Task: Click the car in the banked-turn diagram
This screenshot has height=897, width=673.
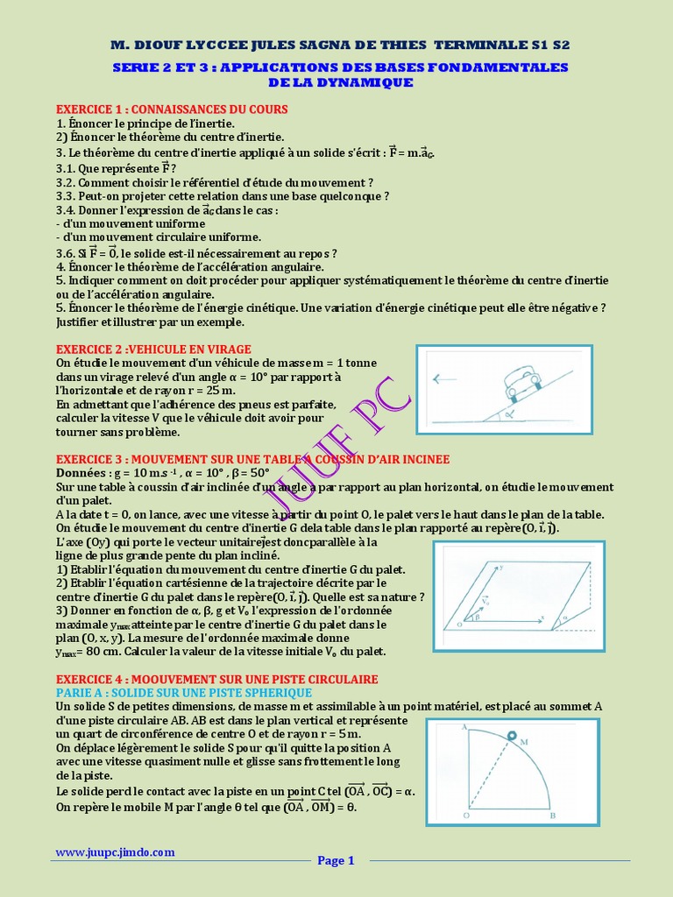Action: [x=522, y=381]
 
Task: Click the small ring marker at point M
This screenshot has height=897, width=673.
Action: [x=512, y=738]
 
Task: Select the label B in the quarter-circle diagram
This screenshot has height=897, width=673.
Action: [x=552, y=816]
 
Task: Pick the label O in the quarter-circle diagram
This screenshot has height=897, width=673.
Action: [x=465, y=816]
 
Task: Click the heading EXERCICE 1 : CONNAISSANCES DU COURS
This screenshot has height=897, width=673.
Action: [x=172, y=109]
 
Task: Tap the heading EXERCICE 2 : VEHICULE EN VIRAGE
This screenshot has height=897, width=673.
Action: [x=153, y=349]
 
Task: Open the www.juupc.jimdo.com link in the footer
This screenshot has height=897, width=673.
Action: [x=115, y=852]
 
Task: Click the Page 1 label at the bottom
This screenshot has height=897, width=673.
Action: [x=336, y=860]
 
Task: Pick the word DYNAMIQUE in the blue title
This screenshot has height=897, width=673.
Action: [x=358, y=82]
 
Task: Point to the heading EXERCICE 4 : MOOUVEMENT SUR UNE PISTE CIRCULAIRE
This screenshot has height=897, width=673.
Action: [x=216, y=679]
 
